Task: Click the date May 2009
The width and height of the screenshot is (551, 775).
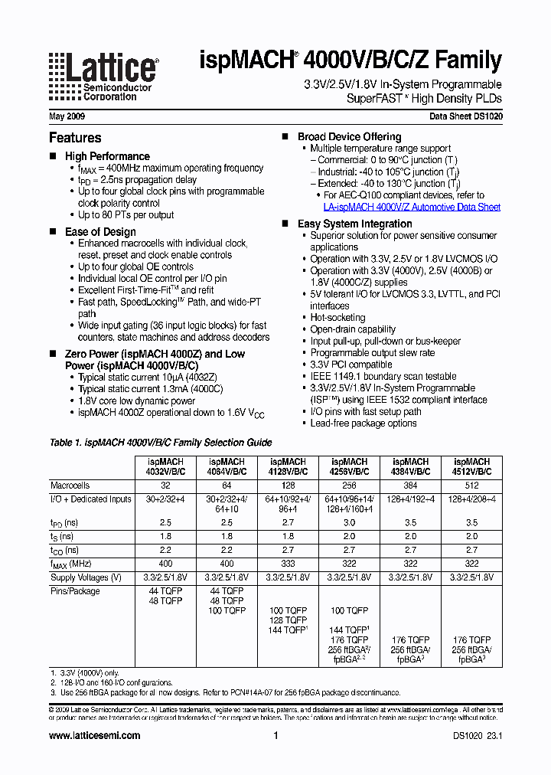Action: [67, 117]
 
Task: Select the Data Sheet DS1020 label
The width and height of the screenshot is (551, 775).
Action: [465, 117]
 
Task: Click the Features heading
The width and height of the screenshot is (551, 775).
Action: [75, 138]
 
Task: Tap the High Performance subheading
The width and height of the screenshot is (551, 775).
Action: [107, 156]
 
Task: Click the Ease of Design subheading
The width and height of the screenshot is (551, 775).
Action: [100, 232]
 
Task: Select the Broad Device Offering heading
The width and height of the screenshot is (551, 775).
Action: [349, 137]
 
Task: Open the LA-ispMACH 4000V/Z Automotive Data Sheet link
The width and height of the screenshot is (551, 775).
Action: [412, 208]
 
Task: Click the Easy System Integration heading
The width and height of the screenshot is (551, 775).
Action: [354, 224]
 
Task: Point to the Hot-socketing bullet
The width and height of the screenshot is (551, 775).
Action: [337, 317]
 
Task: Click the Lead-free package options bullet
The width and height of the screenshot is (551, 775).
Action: [363, 423]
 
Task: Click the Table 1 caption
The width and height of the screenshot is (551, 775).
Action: [160, 443]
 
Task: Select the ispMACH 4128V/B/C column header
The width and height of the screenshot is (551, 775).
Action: [288, 467]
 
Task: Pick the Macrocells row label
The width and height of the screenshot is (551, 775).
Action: [70, 486]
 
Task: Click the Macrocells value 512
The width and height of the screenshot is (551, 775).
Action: [472, 486]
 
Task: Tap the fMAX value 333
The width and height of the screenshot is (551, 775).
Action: [288, 563]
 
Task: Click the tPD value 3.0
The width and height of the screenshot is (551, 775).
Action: [349, 522]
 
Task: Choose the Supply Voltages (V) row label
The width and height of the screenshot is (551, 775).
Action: [86, 577]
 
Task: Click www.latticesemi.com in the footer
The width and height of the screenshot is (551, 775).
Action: [95, 736]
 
